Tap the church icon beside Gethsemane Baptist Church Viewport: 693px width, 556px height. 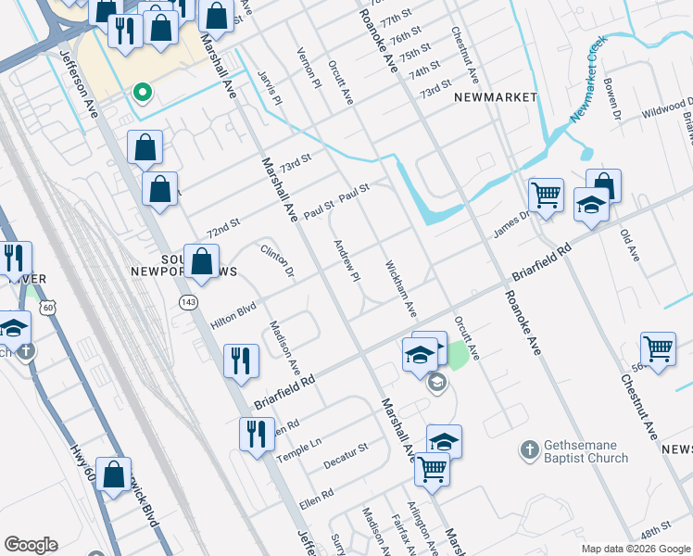pyautogui.click(x=528, y=449)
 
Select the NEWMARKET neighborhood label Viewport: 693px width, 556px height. pyautogui.click(x=496, y=97)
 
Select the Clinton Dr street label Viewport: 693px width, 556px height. pyautogui.click(x=277, y=260)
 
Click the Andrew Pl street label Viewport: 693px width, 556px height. pyautogui.click(x=346, y=261)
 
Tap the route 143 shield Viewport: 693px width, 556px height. pyautogui.click(x=188, y=302)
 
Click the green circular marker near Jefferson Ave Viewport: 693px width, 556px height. pyautogui.click(x=143, y=92)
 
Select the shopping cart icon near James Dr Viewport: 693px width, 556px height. pyautogui.click(x=546, y=195)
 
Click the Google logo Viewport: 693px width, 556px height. pyautogui.click(x=31, y=545)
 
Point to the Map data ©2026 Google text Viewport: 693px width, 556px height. pyautogui.click(x=635, y=549)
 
